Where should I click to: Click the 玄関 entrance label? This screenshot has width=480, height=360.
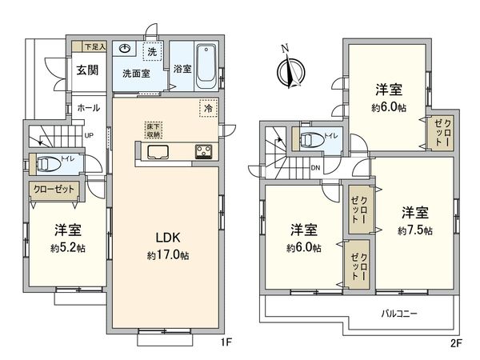pyautogui.click(x=86, y=70)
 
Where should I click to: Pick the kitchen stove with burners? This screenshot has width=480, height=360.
pyautogui.click(x=202, y=151)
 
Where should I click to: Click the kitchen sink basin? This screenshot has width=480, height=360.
pyautogui.click(x=158, y=152)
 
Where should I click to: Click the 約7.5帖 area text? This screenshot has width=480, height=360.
pyautogui.click(x=414, y=230)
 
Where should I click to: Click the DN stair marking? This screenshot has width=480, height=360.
pyautogui.click(x=315, y=168)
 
